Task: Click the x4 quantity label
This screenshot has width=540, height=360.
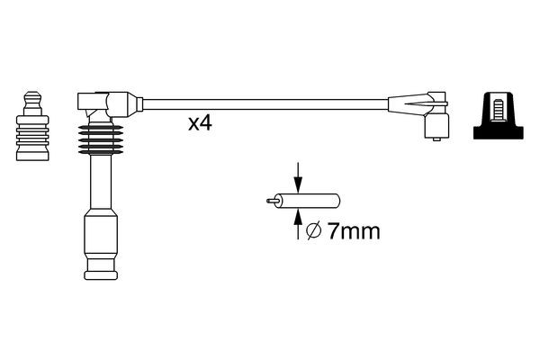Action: click(x=199, y=124)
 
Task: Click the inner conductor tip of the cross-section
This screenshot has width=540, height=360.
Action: click(x=271, y=202)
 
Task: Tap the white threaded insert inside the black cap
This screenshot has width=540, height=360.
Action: click(x=499, y=110)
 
